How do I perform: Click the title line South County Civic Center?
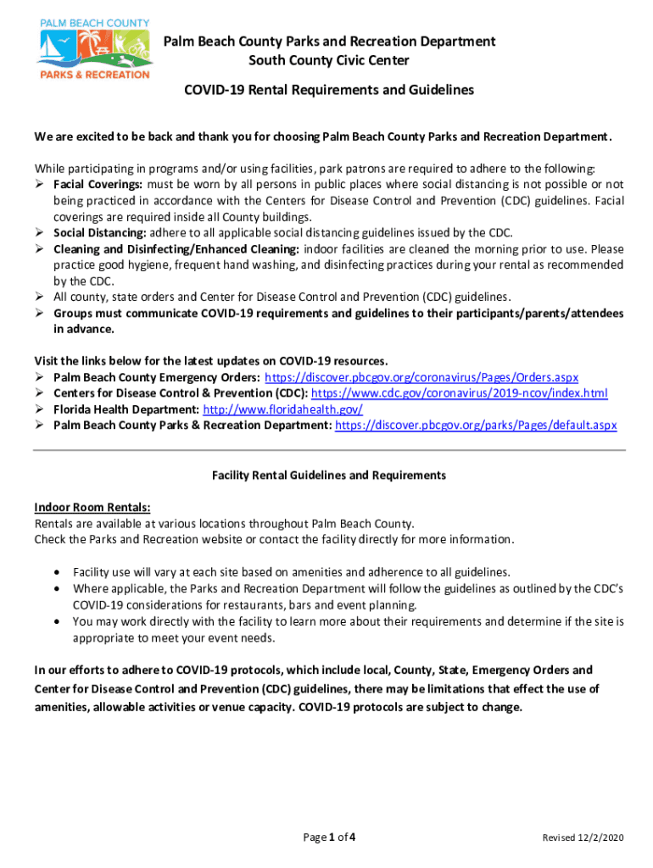pyautogui.click(x=328, y=60)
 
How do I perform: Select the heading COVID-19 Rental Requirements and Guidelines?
pyautogui.click(x=329, y=90)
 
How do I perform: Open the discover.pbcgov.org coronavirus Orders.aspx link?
pyautogui.click(x=421, y=377)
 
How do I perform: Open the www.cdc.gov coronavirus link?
pyautogui.click(x=460, y=393)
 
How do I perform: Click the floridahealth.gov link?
pyautogui.click(x=283, y=409)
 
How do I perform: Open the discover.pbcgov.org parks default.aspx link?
pyautogui.click(x=476, y=426)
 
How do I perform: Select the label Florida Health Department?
pyautogui.click(x=126, y=409)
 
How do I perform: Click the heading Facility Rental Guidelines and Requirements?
pyautogui.click(x=329, y=476)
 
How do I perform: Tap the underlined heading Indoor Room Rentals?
pyautogui.click(x=92, y=508)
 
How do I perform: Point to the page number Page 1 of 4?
pyautogui.click(x=329, y=838)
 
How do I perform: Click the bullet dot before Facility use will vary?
pyautogui.click(x=56, y=572)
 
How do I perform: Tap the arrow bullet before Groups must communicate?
pyautogui.click(x=40, y=314)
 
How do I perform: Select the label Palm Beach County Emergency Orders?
pyautogui.click(x=157, y=377)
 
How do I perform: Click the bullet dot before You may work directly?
pyautogui.click(x=56, y=621)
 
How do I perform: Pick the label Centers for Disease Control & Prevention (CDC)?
pyautogui.click(x=181, y=393)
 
